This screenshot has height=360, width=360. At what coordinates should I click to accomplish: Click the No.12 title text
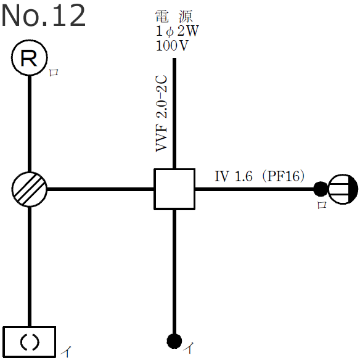(43, 16)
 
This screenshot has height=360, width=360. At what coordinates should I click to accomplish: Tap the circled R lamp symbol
(30, 59)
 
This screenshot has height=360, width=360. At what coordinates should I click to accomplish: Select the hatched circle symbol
(30, 189)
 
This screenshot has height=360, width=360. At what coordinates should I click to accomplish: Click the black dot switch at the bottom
(174, 340)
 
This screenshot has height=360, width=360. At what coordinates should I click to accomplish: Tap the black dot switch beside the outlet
(320, 189)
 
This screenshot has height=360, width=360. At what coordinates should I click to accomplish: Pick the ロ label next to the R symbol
(54, 72)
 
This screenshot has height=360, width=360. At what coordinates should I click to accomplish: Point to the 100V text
(173, 46)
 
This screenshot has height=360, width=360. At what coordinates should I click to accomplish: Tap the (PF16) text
(284, 176)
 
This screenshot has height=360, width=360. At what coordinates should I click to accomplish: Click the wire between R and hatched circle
(30, 123)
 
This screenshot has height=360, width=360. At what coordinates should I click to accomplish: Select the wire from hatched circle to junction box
(101, 189)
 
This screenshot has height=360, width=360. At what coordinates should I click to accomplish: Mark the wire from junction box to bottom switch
(175, 271)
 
